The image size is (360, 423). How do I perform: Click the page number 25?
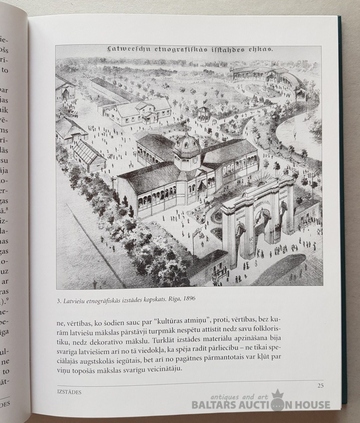[x=320, y=385]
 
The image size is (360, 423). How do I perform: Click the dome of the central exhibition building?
[x=187, y=143]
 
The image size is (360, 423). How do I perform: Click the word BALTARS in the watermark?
[x=215, y=405]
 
